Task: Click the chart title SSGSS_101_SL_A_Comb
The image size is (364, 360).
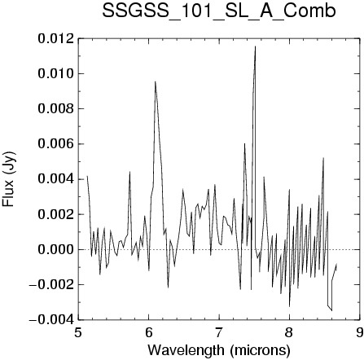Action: (219, 11)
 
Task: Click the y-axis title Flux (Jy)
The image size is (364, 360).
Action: (9, 179)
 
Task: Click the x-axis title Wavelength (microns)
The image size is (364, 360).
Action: (219, 350)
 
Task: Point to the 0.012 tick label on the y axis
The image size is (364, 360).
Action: (55, 39)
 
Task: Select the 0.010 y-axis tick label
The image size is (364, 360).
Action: (55, 74)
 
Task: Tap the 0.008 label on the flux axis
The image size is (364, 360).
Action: (55, 109)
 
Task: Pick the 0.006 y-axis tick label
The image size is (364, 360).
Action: (55, 144)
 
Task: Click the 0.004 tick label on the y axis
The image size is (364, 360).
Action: (55, 179)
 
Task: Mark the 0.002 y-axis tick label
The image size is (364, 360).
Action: (55, 214)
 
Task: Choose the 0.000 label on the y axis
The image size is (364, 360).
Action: (55, 249)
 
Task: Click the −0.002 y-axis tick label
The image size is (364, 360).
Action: (51, 285)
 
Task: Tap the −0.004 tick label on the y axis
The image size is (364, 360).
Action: (51, 320)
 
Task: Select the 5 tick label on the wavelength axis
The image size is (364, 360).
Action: (78, 332)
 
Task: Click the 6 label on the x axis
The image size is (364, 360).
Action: (148, 332)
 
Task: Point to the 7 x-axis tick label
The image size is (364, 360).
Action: (219, 332)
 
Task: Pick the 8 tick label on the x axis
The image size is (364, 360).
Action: (289, 332)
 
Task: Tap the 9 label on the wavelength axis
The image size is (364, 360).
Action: (360, 332)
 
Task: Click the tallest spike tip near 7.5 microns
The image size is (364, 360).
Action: (255, 46)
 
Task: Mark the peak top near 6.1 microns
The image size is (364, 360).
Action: (156, 81)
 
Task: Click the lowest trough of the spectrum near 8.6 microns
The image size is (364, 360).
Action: (331, 310)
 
